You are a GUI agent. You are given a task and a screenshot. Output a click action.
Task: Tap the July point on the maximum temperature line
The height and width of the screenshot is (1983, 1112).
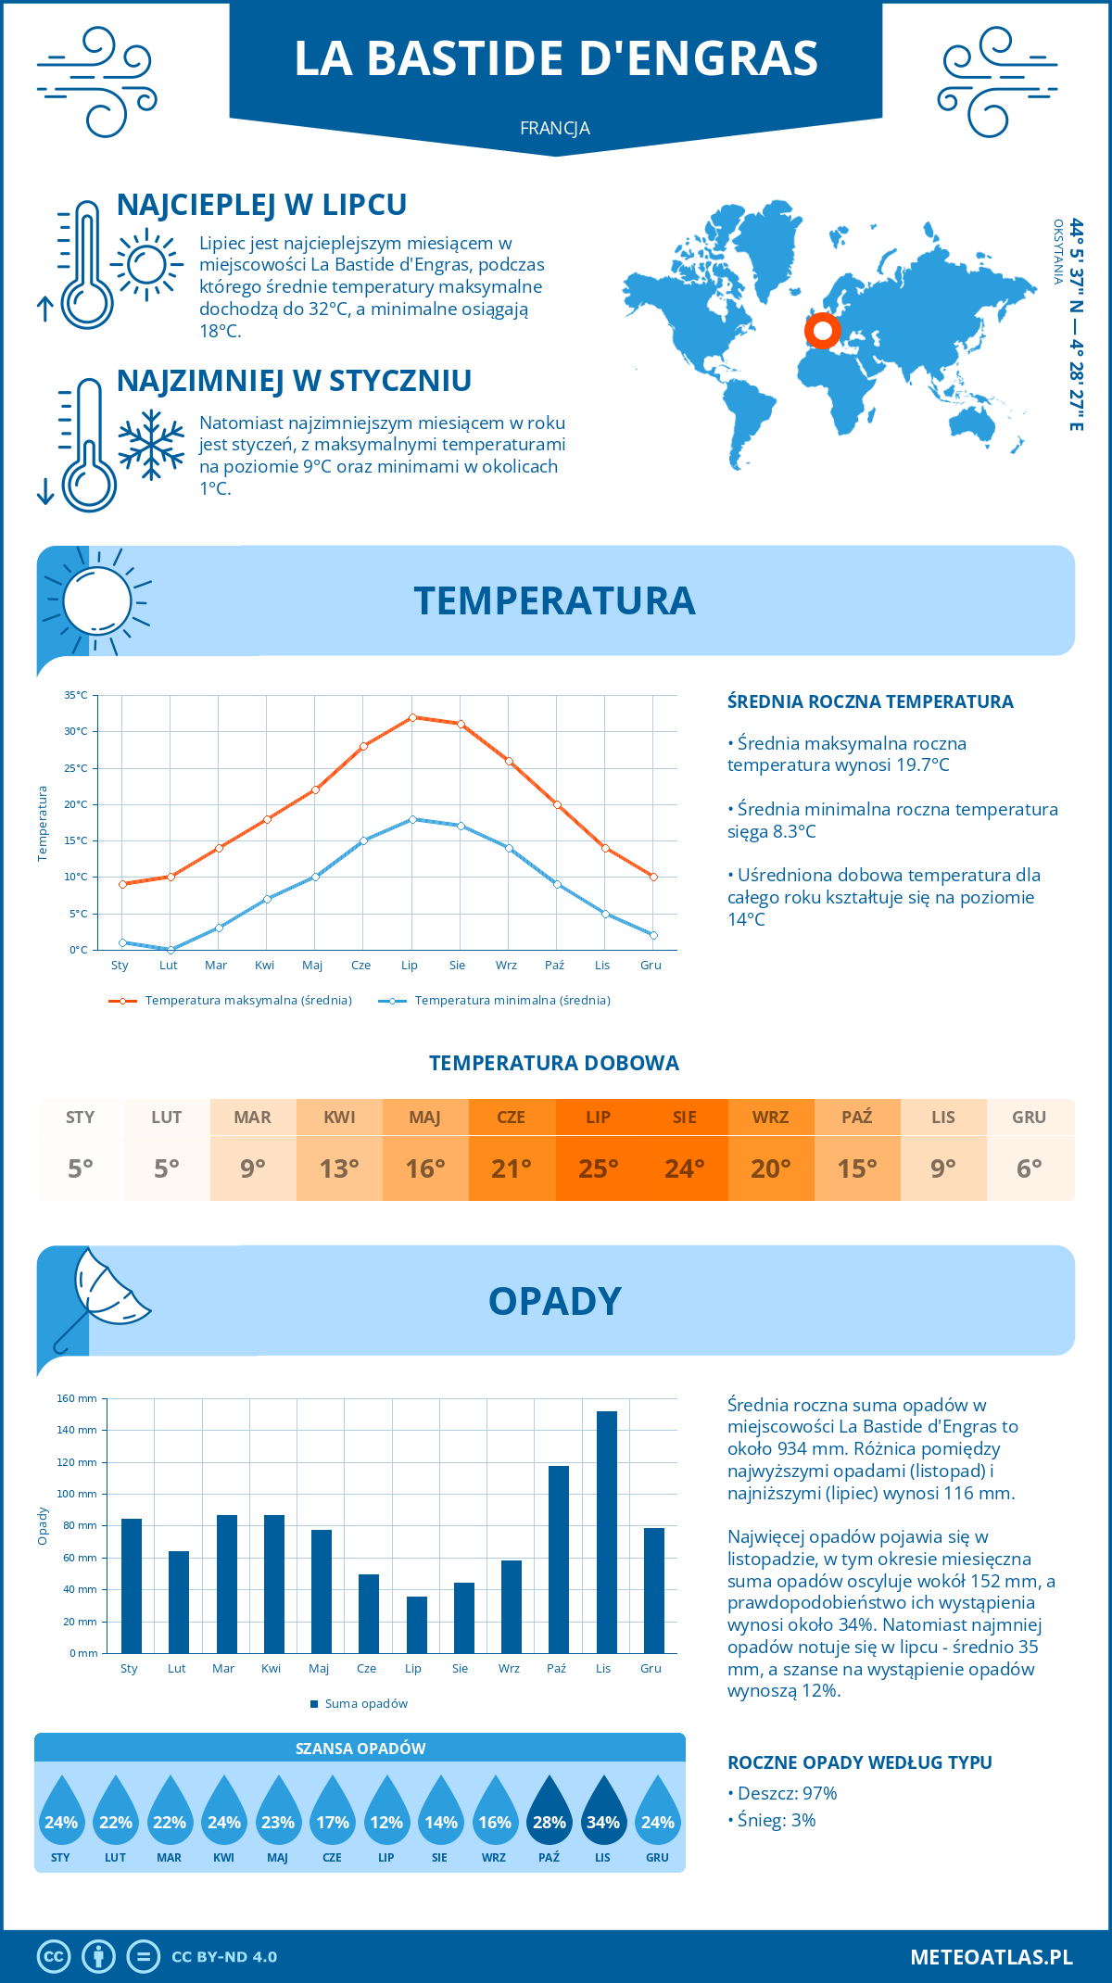click(x=412, y=717)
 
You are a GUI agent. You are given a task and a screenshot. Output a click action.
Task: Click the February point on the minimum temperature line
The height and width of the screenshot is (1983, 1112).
click(x=171, y=950)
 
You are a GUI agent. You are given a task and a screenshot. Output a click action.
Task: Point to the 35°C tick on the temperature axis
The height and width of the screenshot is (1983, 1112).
click(x=76, y=695)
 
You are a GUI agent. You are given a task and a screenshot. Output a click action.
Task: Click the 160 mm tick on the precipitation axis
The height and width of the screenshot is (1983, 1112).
click(x=78, y=1398)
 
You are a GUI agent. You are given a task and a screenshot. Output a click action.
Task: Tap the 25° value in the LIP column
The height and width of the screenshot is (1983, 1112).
click(x=598, y=1168)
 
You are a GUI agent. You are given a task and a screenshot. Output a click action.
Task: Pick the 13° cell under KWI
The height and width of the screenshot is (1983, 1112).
click(x=339, y=1168)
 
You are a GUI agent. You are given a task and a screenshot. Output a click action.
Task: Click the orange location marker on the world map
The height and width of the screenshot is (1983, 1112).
click(x=822, y=330)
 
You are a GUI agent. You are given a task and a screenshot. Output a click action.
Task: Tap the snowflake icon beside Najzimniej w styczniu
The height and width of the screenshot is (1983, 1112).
click(x=151, y=445)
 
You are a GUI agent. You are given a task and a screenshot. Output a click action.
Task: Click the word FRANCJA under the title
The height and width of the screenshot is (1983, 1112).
click(x=555, y=128)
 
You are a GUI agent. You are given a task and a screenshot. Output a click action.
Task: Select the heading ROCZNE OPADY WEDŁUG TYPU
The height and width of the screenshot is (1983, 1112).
click(x=859, y=1762)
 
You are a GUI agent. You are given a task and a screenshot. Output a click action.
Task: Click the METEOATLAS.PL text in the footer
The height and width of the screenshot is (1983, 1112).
click(x=992, y=1956)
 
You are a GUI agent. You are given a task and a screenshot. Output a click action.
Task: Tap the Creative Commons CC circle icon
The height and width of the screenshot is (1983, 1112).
click(x=54, y=1956)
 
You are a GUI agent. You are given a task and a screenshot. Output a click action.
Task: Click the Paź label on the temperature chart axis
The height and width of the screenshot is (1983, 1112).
click(x=554, y=965)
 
